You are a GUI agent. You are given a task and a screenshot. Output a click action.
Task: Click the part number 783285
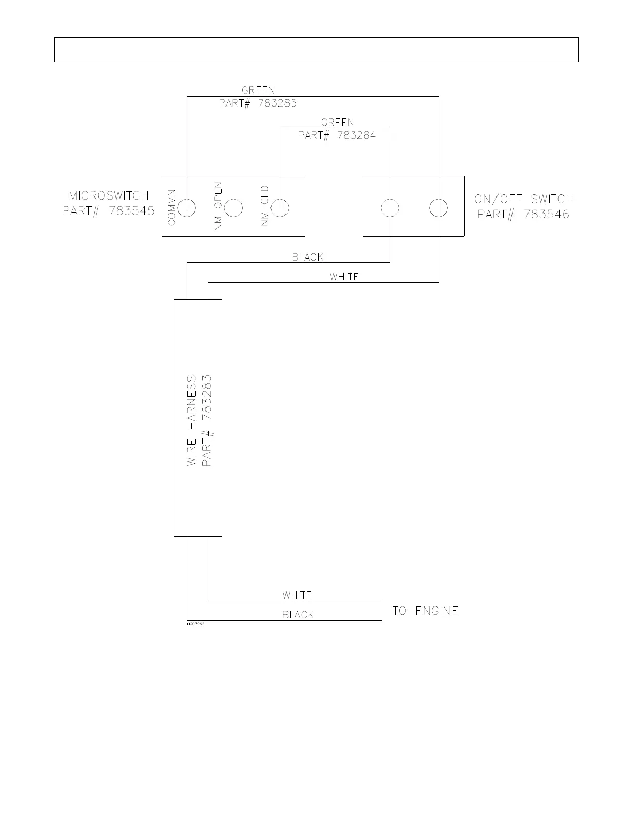pos(278,103)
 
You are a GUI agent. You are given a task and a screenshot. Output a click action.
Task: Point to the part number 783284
pos(357,135)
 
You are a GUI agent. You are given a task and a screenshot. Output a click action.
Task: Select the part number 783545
pos(131,210)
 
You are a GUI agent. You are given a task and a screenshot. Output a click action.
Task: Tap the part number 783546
pos(547,215)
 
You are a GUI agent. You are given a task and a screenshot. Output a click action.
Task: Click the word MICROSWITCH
pos(109,195)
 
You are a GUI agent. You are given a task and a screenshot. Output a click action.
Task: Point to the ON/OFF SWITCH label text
pos(524,199)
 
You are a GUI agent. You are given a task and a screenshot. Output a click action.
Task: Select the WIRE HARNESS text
pos(191,421)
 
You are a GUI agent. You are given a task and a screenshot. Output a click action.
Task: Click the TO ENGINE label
pos(425,611)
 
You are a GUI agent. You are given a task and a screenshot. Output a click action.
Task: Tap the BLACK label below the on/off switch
pos(308,257)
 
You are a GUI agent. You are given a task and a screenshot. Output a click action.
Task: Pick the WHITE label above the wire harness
pos(344,277)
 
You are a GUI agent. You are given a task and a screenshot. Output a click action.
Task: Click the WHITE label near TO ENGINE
pos(297,596)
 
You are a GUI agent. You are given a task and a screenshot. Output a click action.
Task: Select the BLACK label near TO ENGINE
pos(298,615)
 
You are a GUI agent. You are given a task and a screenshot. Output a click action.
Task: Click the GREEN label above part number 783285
pos(258,90)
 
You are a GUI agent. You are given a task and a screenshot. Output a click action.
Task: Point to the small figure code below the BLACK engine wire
pos(195,624)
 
